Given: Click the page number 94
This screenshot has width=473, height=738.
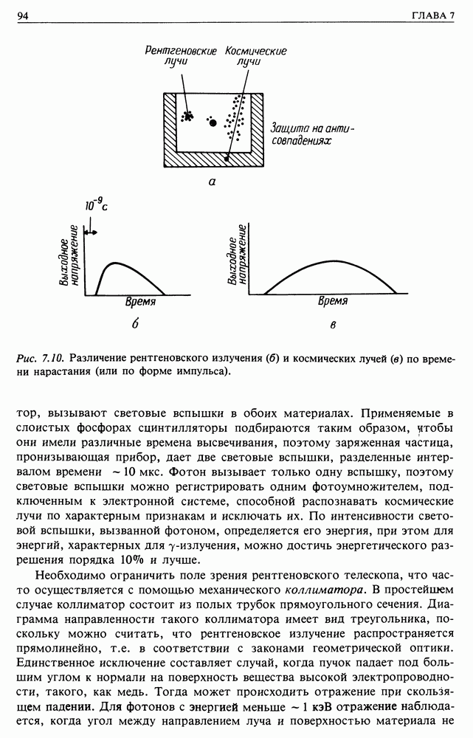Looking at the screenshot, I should click(22, 15).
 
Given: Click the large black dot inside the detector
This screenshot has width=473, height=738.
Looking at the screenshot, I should click(213, 123).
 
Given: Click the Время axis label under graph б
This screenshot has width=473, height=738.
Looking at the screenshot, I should click(139, 303).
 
